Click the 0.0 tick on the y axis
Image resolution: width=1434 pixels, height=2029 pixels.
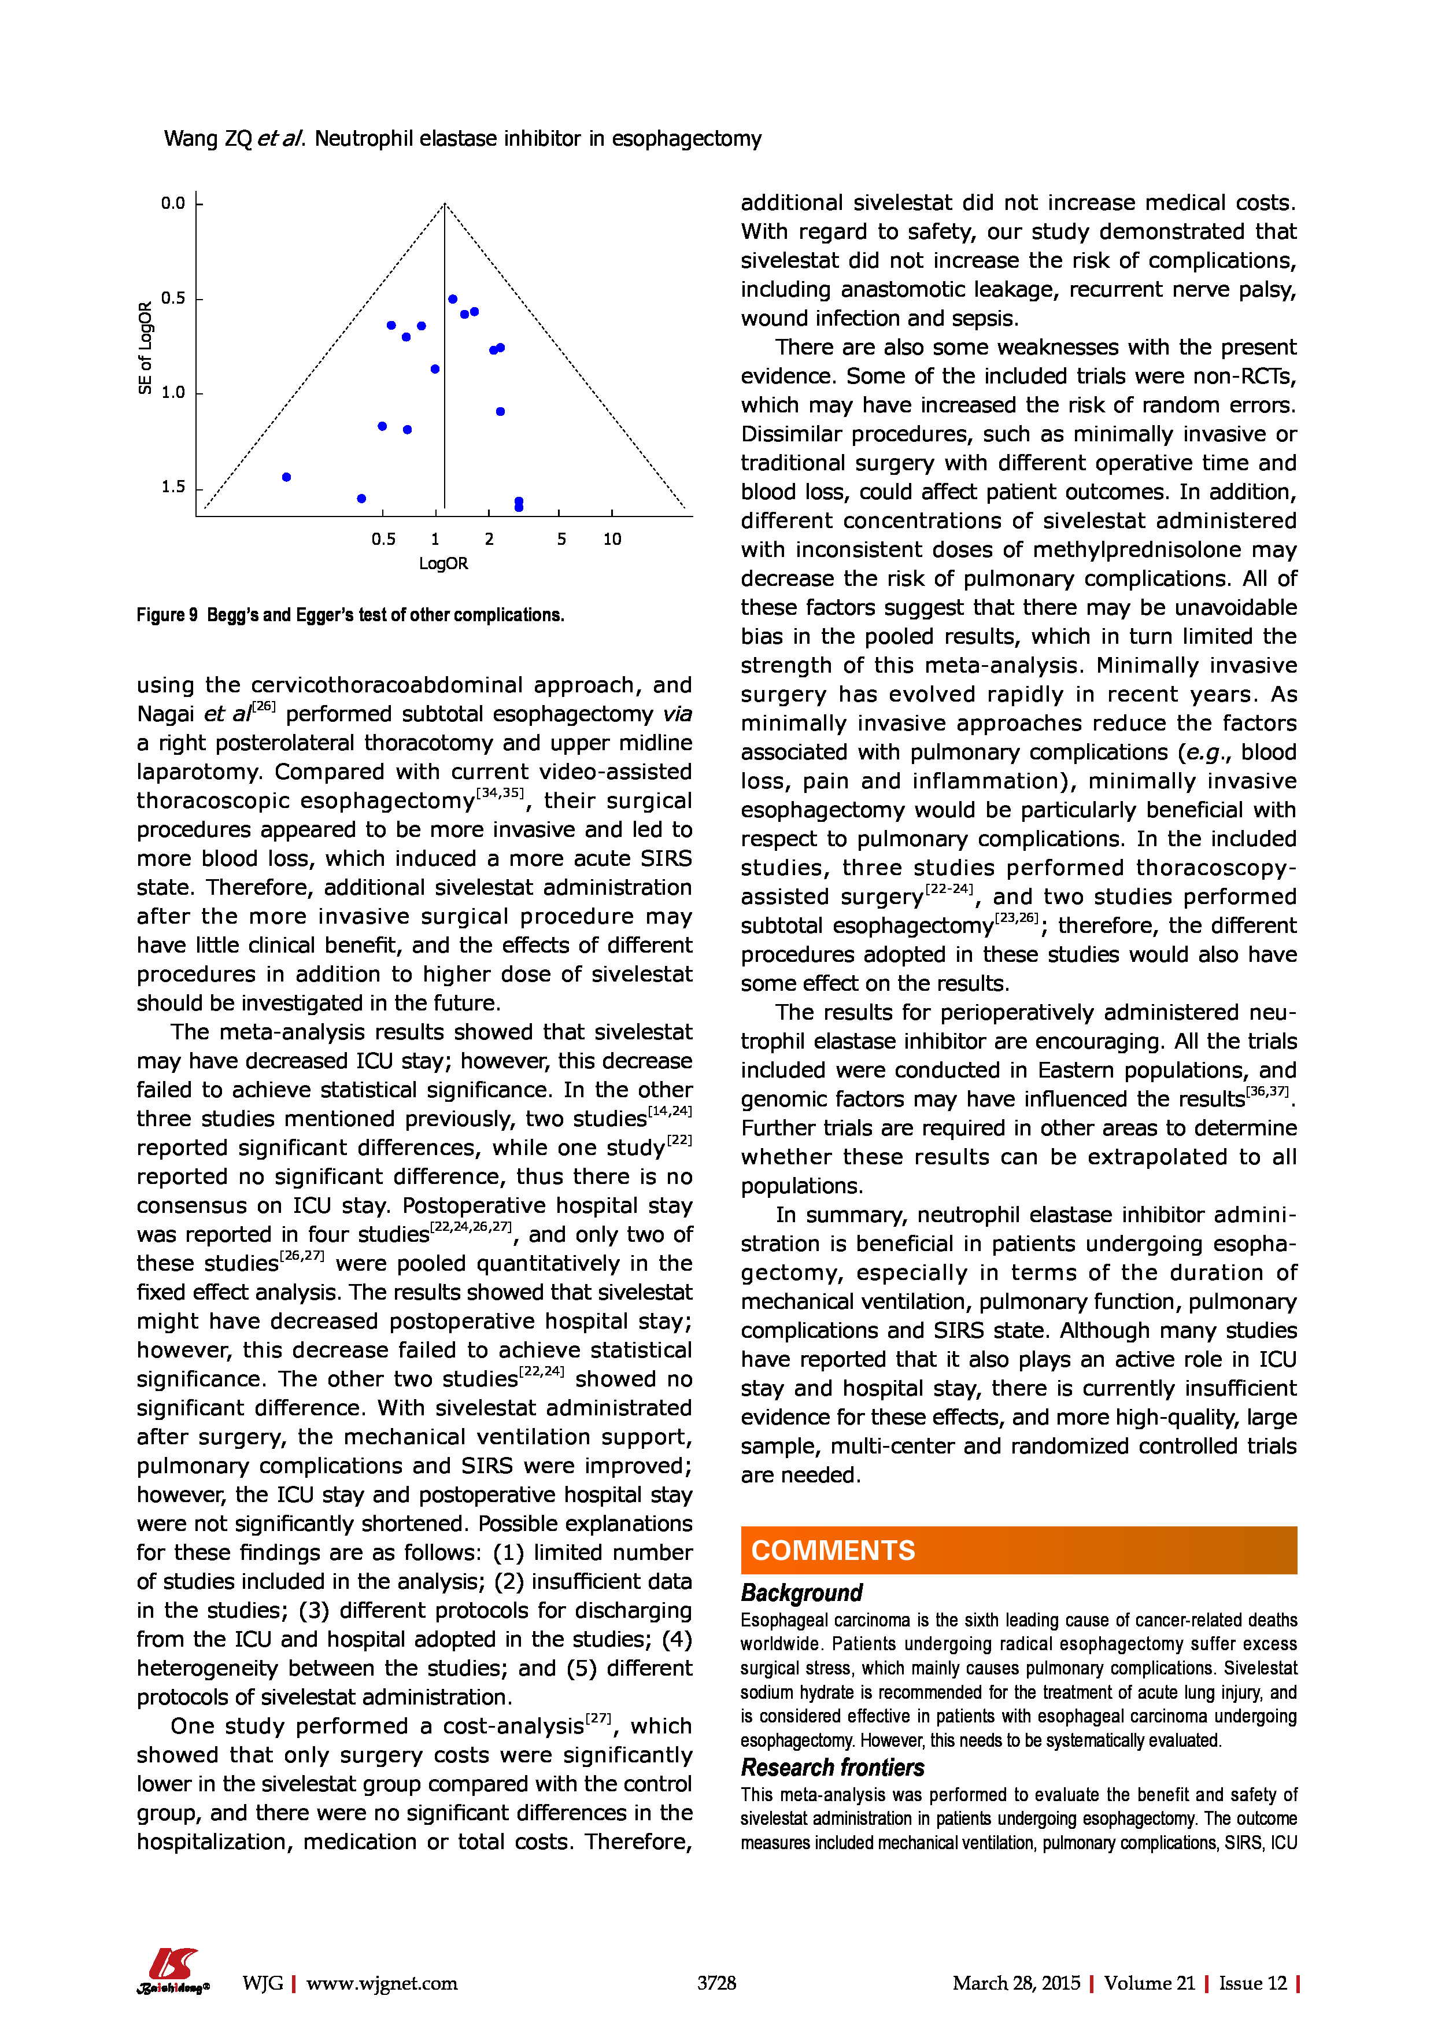pos(173,203)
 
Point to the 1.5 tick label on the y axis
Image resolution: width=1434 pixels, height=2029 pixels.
pos(173,487)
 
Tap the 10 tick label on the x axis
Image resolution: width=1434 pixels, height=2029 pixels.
pos(612,539)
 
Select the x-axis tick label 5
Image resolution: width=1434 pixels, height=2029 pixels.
pos(561,539)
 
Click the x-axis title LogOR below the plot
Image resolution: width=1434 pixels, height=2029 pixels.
pos(443,564)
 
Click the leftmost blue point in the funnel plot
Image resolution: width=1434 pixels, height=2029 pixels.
pos(286,477)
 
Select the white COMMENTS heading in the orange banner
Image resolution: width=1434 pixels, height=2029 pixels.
pos(833,1551)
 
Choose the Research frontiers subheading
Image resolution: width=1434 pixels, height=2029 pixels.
pos(832,1768)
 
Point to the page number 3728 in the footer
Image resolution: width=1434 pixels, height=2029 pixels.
pos(716,1983)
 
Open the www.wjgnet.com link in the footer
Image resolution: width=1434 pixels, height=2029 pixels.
pos(382,1983)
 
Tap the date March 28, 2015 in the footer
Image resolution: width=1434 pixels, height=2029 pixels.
pos(1016,1983)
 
